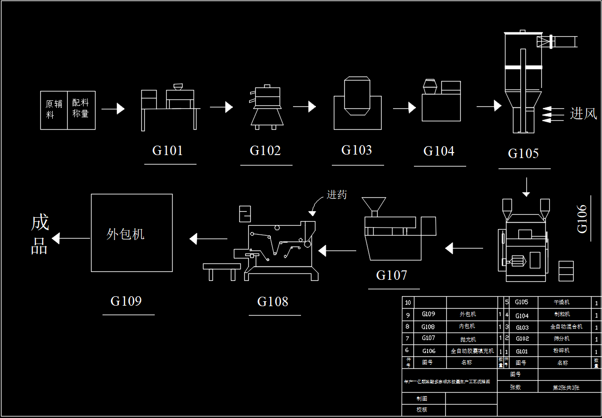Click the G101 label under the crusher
pos(168,151)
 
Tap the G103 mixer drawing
pos(357,103)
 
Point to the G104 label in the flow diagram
pos(439,151)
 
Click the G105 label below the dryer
pos(523,153)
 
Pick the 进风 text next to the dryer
pos(583,114)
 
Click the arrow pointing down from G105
pos(526,186)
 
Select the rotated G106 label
pos(582,219)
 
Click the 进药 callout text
pos(337,195)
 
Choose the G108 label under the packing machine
pos(273,301)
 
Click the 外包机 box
pos(132,233)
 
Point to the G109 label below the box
pos(126,301)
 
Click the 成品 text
pos(40,235)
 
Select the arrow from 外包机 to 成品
pos(71,239)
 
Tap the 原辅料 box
pos(54,110)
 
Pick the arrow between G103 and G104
pos(404,107)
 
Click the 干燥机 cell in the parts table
pos(562,302)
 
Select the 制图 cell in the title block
pos(422,398)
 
